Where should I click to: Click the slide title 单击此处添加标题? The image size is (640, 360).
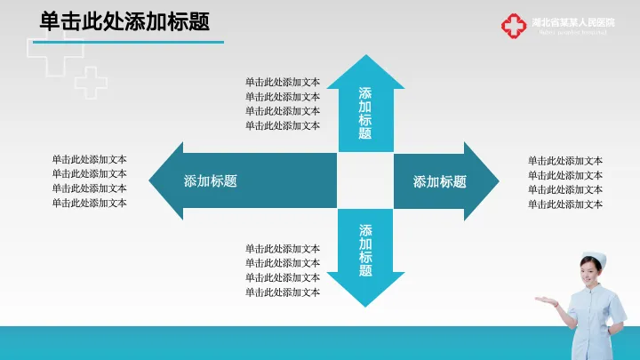(124, 20)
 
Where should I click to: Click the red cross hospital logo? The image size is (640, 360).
(513, 26)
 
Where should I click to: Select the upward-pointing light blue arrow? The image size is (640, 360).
(365, 102)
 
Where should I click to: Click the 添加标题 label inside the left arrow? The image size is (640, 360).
(211, 181)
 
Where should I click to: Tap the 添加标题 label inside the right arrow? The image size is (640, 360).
(439, 181)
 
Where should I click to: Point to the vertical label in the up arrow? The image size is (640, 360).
(365, 114)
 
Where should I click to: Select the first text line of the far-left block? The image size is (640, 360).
(89, 160)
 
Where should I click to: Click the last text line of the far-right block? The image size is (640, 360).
(565, 204)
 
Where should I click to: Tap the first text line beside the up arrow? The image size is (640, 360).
(283, 83)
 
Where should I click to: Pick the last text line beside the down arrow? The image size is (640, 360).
(283, 292)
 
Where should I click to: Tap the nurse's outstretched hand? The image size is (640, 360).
(541, 300)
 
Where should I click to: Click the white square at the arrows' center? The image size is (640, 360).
(365, 181)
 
